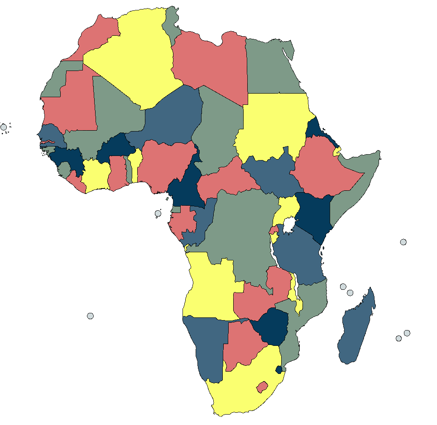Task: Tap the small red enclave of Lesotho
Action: click(x=261, y=387)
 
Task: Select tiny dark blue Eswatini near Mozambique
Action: click(x=279, y=369)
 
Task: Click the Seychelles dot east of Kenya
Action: click(x=403, y=242)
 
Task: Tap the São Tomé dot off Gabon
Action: click(x=158, y=213)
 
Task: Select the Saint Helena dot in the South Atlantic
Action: click(x=90, y=316)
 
